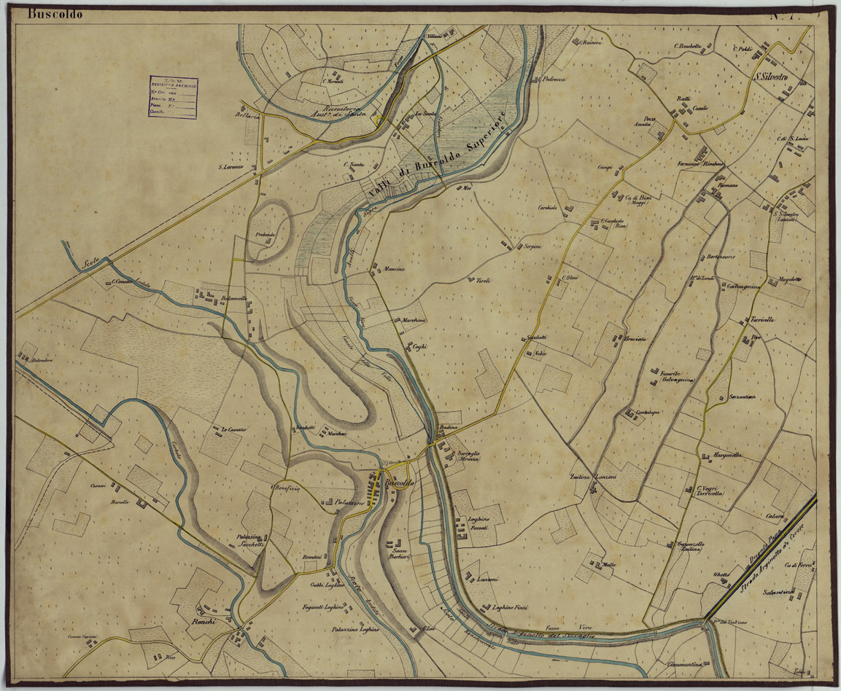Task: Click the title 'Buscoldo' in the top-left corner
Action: [55, 14]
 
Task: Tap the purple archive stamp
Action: [174, 97]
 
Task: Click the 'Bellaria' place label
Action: [247, 115]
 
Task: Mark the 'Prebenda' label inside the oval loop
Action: [265, 234]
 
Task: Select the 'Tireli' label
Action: [484, 281]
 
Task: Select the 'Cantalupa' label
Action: [648, 413]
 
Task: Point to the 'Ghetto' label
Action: [721, 575]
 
